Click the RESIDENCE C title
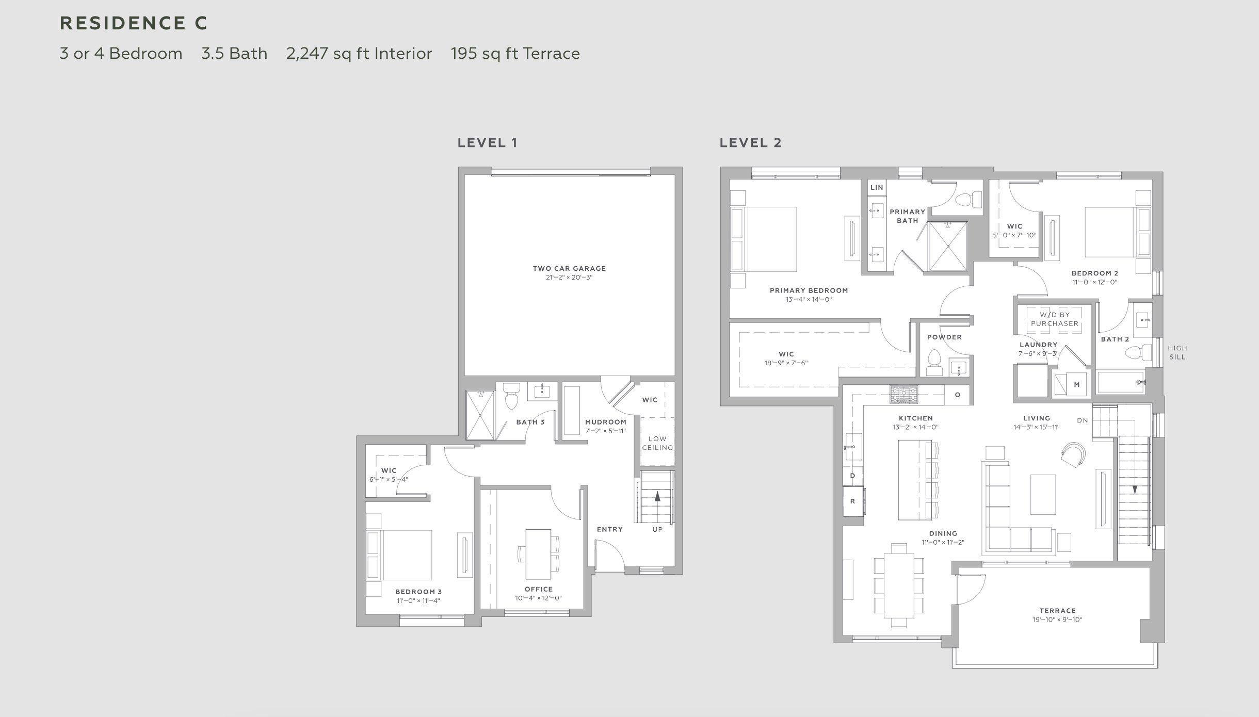tap(134, 23)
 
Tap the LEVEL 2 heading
tap(751, 143)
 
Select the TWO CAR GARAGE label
tap(569, 268)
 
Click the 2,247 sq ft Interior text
tap(359, 54)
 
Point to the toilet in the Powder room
tap(934, 362)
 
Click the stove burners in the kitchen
tap(903, 395)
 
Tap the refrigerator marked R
tap(853, 501)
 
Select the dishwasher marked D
tap(852, 475)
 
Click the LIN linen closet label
tap(877, 188)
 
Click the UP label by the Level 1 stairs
tap(657, 529)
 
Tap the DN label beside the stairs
tap(1083, 420)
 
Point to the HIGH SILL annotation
tap(1177, 352)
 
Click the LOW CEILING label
tap(657, 443)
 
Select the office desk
tap(538, 554)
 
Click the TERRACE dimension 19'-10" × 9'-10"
tap(1057, 620)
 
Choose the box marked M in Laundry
tap(1076, 384)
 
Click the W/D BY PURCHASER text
tap(1055, 319)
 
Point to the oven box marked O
tap(957, 395)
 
